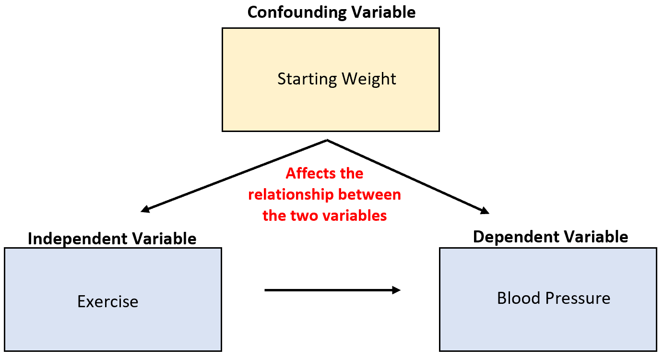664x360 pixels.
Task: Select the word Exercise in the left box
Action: (108, 301)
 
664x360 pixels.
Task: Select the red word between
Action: (369, 195)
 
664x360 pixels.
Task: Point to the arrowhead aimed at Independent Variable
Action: (144, 210)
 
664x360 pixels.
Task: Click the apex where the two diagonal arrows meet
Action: (327, 140)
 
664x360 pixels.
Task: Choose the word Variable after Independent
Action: (166, 239)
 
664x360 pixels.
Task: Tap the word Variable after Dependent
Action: (600, 237)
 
